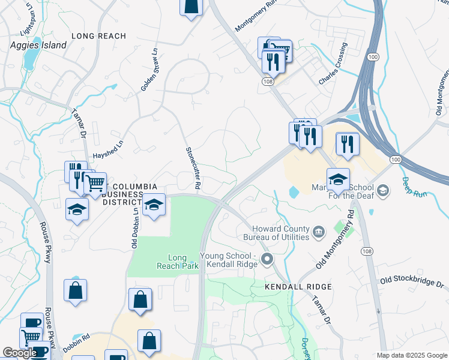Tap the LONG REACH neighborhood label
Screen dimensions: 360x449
click(99, 36)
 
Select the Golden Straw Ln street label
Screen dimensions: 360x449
click(149, 70)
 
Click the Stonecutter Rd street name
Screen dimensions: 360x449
click(193, 169)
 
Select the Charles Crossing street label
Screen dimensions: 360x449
click(333, 63)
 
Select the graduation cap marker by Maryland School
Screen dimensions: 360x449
click(339, 178)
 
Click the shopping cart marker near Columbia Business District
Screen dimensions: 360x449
click(95, 182)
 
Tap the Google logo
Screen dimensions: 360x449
click(20, 353)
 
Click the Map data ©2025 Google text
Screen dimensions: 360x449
click(411, 355)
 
